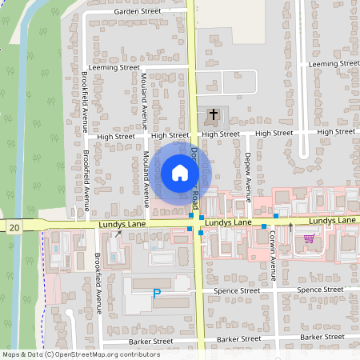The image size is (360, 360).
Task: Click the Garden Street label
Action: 138,12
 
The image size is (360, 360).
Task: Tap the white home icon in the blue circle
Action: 179,172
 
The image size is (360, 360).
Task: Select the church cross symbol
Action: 213,116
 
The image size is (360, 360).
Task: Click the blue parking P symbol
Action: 157,294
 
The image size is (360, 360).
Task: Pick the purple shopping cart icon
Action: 309,238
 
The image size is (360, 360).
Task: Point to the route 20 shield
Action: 15,228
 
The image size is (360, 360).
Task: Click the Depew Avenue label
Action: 248,171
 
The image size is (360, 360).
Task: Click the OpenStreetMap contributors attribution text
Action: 69,354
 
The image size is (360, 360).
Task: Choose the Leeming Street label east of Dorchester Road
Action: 334,62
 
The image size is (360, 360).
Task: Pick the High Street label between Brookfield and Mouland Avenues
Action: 116,137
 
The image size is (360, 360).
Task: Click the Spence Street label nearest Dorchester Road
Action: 238,290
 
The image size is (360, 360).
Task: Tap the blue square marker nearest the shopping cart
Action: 275,216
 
